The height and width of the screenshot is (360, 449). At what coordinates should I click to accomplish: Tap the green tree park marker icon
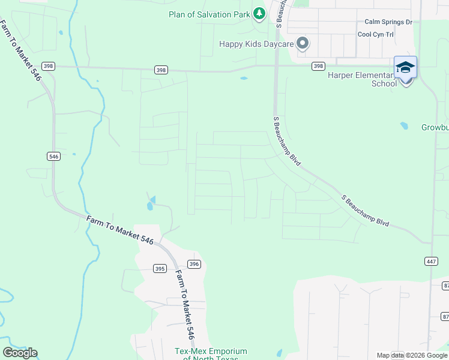(x=259, y=13)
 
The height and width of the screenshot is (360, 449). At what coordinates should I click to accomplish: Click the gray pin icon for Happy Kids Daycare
(x=303, y=43)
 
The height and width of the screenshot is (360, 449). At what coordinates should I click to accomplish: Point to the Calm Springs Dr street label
(x=388, y=22)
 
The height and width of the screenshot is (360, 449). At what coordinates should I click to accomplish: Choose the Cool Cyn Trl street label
(x=375, y=34)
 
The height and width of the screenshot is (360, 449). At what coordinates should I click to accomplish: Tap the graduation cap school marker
(x=405, y=67)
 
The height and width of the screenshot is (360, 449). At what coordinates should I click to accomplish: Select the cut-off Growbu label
(x=435, y=128)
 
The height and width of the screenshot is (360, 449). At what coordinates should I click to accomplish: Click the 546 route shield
(x=53, y=156)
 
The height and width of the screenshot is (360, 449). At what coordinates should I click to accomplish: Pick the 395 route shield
(x=159, y=268)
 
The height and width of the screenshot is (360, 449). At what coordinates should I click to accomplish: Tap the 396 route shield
(x=193, y=264)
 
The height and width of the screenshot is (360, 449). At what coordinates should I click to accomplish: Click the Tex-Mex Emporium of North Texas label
(x=211, y=355)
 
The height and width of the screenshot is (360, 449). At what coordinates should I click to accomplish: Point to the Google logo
(x=20, y=353)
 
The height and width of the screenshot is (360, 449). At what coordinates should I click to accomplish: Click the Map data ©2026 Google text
(x=412, y=355)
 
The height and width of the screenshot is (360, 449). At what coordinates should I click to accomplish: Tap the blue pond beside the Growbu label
(x=404, y=126)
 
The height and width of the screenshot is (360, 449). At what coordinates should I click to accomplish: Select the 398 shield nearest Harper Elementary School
(x=318, y=66)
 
